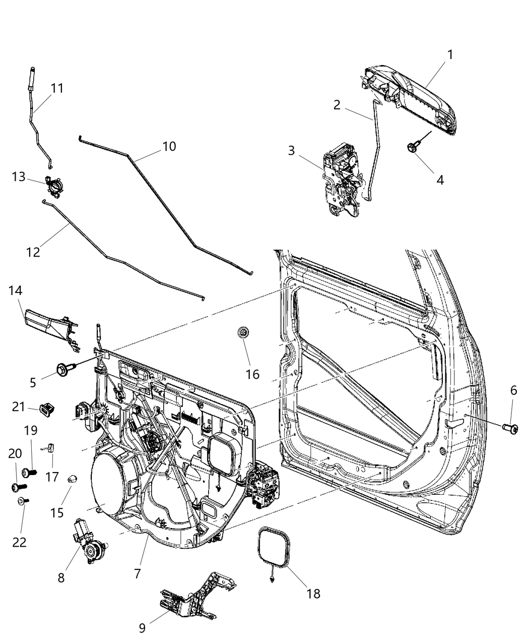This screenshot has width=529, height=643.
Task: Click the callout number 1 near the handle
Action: (450, 54)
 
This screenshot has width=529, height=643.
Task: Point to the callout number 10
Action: (169, 146)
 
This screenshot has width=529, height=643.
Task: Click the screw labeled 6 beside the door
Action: (511, 428)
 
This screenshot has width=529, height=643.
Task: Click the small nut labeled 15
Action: (73, 478)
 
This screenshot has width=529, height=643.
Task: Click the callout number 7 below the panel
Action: (137, 573)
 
